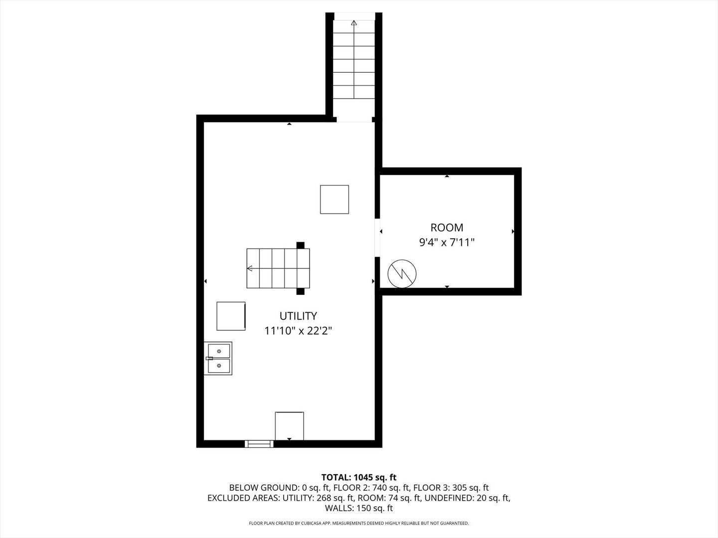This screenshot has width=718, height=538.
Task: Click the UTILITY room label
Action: pyautogui.click(x=298, y=316)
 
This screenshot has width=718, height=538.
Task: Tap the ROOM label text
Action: pyautogui.click(x=447, y=228)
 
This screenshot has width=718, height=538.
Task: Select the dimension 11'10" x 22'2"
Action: pyautogui.click(x=298, y=330)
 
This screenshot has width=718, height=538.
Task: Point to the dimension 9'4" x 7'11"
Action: pyautogui.click(x=447, y=243)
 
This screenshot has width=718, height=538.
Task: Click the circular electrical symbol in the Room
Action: pyautogui.click(x=402, y=273)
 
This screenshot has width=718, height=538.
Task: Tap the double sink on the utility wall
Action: pyautogui.click(x=218, y=359)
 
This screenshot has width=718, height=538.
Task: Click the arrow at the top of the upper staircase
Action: pyautogui.click(x=354, y=23)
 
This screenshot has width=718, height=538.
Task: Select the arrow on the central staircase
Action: pyautogui.click(x=250, y=269)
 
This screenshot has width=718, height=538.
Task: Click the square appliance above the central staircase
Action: pyautogui.click(x=334, y=199)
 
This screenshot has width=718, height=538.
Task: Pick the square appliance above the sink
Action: pyautogui.click(x=231, y=316)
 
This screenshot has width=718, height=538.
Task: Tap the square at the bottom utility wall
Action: pyautogui.click(x=289, y=426)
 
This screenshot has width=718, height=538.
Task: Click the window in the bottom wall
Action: pyautogui.click(x=259, y=443)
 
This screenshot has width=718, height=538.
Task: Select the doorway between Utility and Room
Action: pyautogui.click(x=377, y=238)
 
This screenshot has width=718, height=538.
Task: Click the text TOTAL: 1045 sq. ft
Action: pyautogui.click(x=359, y=477)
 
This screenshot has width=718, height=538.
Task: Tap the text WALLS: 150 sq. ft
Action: pyautogui.click(x=359, y=508)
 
